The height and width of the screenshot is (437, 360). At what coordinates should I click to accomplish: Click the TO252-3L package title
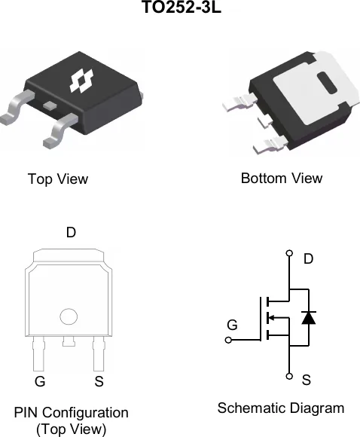coord(182,7)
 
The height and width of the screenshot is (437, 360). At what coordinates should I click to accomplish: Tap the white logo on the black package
coord(81,81)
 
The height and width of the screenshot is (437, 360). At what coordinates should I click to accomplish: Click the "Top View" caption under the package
coord(58,179)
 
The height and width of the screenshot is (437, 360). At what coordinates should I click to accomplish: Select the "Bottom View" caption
coord(282,179)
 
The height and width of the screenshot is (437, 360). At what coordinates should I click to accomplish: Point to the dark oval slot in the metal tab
coord(327,83)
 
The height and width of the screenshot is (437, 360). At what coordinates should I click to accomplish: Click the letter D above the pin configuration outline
coord(71,232)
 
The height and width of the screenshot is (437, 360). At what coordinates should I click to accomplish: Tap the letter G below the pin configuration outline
coord(40,381)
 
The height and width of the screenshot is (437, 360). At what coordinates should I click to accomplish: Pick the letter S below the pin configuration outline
coord(99,381)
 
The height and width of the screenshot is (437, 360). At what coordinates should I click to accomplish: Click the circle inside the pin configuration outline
coord(69,316)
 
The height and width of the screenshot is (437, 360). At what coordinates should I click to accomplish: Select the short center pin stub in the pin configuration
coord(69,341)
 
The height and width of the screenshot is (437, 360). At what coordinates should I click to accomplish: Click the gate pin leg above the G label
coord(38,353)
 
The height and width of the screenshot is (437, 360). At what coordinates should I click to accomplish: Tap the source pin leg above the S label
coord(99,353)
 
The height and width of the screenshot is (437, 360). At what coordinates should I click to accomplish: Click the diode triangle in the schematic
coord(309,318)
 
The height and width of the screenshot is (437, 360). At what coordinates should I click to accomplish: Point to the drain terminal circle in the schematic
coord(289,253)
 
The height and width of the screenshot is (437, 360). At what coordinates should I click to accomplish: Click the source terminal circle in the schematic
coord(289,376)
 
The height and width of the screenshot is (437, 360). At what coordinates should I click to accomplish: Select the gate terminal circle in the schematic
coord(228,340)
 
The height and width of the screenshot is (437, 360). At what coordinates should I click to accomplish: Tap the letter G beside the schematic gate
coord(232,325)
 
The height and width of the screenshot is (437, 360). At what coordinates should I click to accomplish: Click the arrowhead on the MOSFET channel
coord(271,317)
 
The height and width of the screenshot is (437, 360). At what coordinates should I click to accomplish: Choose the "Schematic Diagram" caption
coord(281,408)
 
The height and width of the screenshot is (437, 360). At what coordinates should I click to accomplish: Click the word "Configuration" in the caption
coord(85,413)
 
